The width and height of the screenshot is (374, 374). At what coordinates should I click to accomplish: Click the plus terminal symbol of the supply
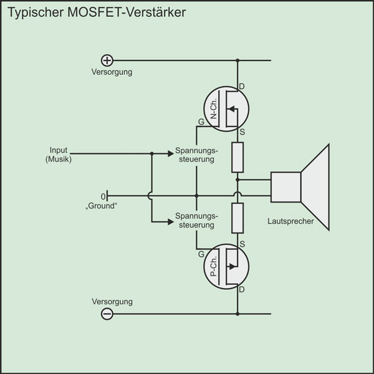107,60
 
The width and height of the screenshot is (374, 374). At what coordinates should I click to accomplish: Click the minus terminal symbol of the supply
107,314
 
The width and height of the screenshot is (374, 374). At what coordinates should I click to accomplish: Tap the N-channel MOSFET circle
226,107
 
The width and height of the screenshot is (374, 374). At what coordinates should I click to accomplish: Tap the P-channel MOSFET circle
226,267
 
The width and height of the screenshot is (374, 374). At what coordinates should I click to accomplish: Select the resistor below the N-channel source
237,157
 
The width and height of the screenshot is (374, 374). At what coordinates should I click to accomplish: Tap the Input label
59,151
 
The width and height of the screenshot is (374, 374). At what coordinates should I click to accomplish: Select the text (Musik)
59,160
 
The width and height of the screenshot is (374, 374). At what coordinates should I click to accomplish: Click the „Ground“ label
102,204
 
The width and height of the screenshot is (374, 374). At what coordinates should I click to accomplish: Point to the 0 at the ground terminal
103,196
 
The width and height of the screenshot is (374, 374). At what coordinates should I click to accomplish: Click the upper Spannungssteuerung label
197,155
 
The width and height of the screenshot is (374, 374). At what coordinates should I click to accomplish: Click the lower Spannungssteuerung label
197,220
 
